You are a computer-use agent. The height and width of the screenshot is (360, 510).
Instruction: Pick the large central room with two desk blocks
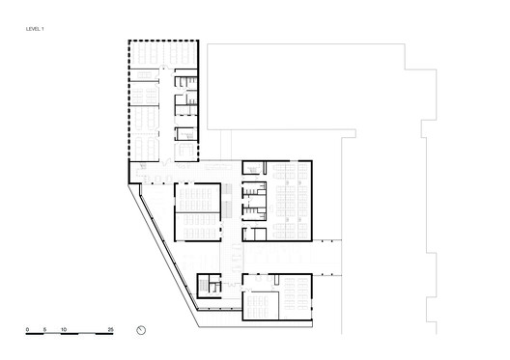(x=197, y=212)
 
